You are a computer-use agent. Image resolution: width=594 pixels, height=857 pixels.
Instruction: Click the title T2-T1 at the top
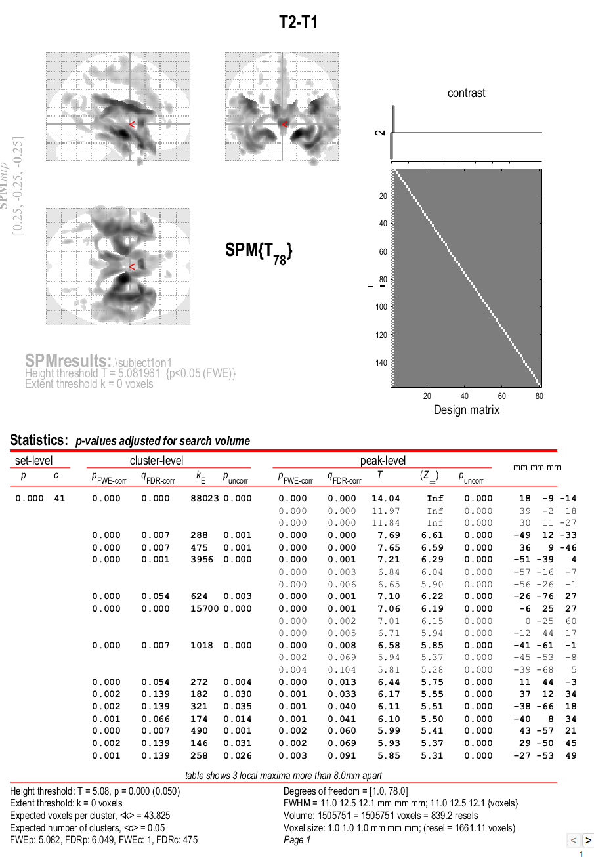point(299,23)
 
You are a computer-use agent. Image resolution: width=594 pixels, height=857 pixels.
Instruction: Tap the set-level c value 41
point(60,499)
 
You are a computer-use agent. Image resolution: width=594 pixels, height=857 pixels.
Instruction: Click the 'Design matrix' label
point(466,410)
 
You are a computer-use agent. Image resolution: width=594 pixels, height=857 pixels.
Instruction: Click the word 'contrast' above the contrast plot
point(466,93)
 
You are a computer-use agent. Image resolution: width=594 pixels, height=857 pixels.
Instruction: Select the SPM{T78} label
point(259,252)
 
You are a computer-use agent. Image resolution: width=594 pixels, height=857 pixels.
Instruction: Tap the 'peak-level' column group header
point(383,461)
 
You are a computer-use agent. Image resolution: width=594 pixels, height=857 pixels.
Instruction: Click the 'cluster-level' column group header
point(156,461)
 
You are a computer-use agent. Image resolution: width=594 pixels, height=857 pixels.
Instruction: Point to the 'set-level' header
point(34,461)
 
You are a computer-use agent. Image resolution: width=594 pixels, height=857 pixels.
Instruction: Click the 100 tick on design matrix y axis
point(382,307)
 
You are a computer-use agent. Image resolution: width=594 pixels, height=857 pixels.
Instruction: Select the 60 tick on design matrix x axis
point(502,396)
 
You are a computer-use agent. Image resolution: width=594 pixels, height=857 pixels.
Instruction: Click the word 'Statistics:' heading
point(39,440)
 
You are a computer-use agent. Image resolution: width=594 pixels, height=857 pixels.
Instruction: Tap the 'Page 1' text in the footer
point(296,840)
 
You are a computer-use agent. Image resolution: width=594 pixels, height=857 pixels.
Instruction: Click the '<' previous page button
point(572,840)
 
